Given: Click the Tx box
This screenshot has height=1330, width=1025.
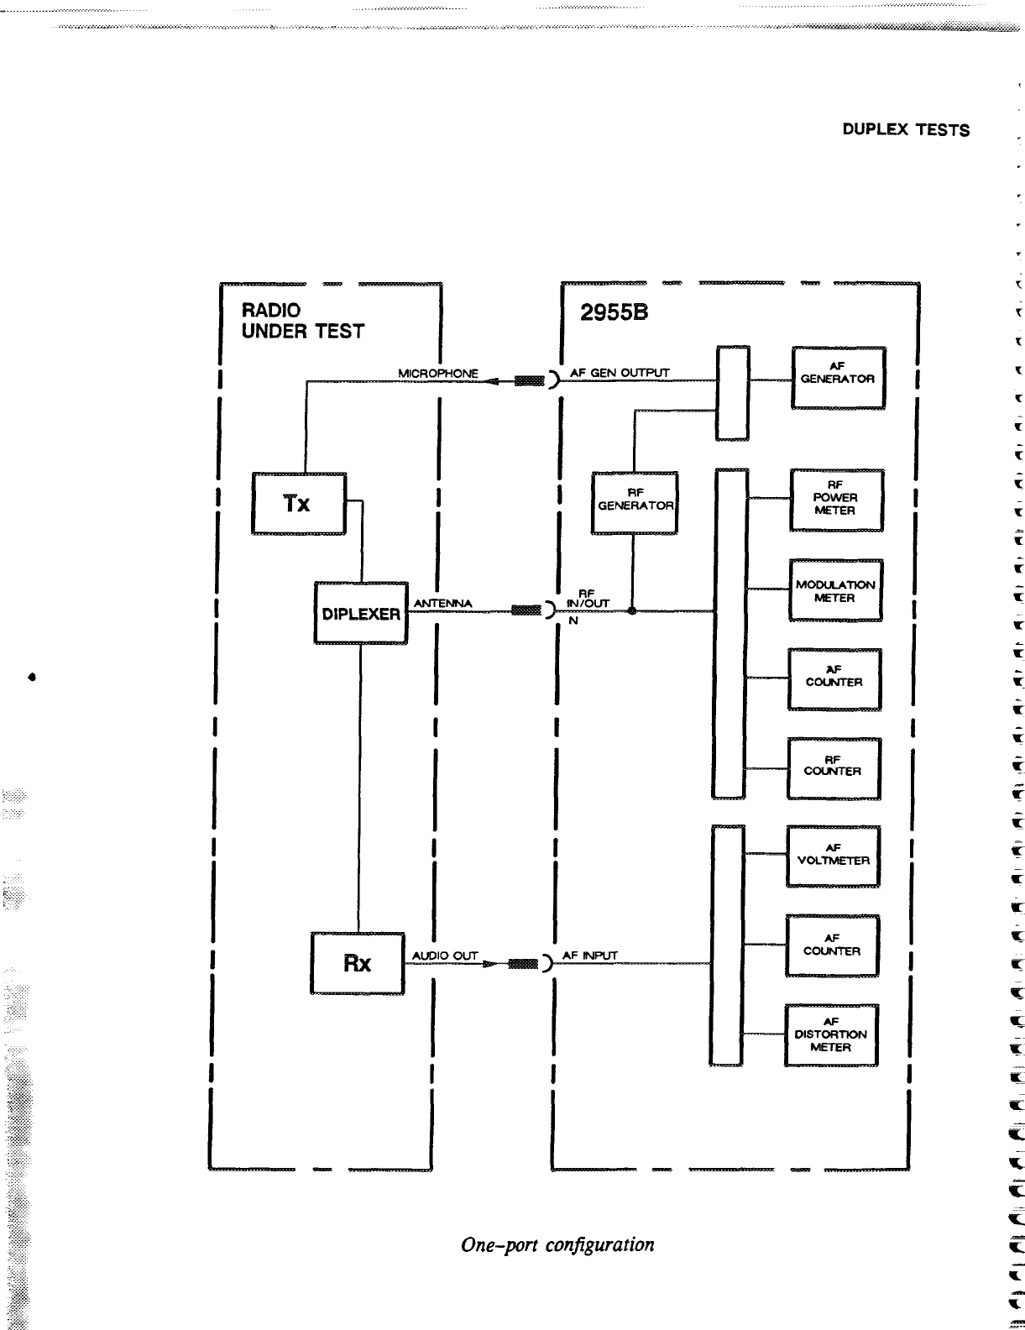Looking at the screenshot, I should pos(299,504).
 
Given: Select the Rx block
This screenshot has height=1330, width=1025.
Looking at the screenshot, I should pos(358,963).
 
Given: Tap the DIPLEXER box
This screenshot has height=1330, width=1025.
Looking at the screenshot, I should pos(361,614).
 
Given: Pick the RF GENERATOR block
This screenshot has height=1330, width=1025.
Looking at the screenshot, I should pos(635,502).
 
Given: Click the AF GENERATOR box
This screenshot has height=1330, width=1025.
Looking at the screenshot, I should pos(838,377).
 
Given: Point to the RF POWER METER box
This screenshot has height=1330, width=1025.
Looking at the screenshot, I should pos(836,500).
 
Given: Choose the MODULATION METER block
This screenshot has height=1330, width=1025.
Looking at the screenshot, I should pos(835,591).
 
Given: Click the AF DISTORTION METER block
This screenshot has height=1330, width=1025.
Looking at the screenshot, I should pos(831,1035).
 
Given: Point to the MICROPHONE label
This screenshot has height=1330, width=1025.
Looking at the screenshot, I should pos(437,373).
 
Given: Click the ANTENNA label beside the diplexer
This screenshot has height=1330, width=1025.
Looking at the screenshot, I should pos(443,604).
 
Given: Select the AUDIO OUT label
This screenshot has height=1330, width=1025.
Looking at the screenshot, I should pos(445,956).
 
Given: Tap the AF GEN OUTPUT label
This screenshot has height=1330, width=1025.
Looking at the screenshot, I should pos(620,373).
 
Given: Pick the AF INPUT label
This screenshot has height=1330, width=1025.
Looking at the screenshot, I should pos(589,956).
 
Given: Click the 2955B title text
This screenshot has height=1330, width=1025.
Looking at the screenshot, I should pos(614,313).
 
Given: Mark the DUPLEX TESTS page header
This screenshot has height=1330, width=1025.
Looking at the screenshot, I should pos(906,130).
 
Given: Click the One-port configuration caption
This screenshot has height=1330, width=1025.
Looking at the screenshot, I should pos(557,1244).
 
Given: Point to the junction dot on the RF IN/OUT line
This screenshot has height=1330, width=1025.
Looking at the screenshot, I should pos(631,611).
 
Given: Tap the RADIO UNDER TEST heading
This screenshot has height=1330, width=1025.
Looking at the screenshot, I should pos(302,321).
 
